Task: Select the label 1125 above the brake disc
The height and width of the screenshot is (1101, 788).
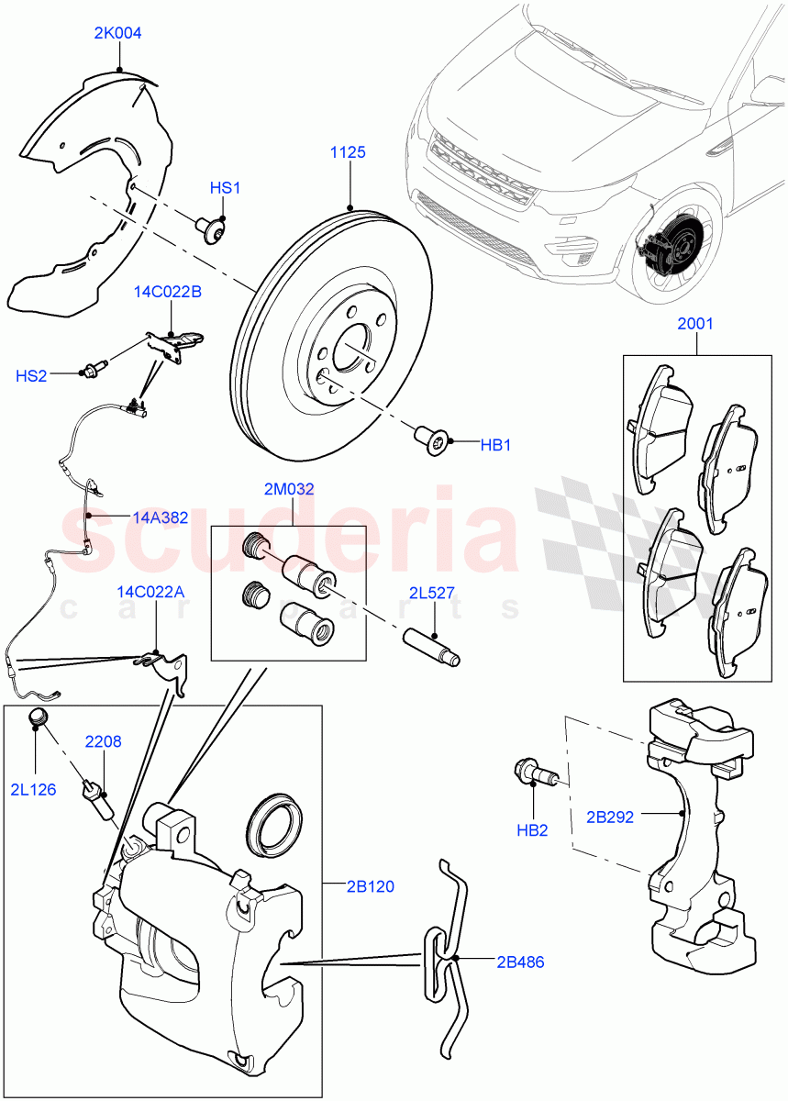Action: (348, 152)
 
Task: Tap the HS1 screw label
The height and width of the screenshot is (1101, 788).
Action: (225, 188)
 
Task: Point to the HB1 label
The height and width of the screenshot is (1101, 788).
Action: (495, 445)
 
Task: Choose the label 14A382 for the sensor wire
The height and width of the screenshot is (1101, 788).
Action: (160, 517)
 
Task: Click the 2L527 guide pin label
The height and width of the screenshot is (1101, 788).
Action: (432, 593)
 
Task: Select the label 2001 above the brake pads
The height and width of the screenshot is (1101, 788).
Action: (694, 324)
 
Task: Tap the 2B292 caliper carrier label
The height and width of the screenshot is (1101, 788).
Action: (610, 817)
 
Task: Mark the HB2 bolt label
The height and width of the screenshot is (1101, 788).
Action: (531, 830)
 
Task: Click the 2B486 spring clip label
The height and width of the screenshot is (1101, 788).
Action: (520, 962)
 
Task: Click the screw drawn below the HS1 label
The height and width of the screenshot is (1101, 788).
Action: (213, 228)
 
